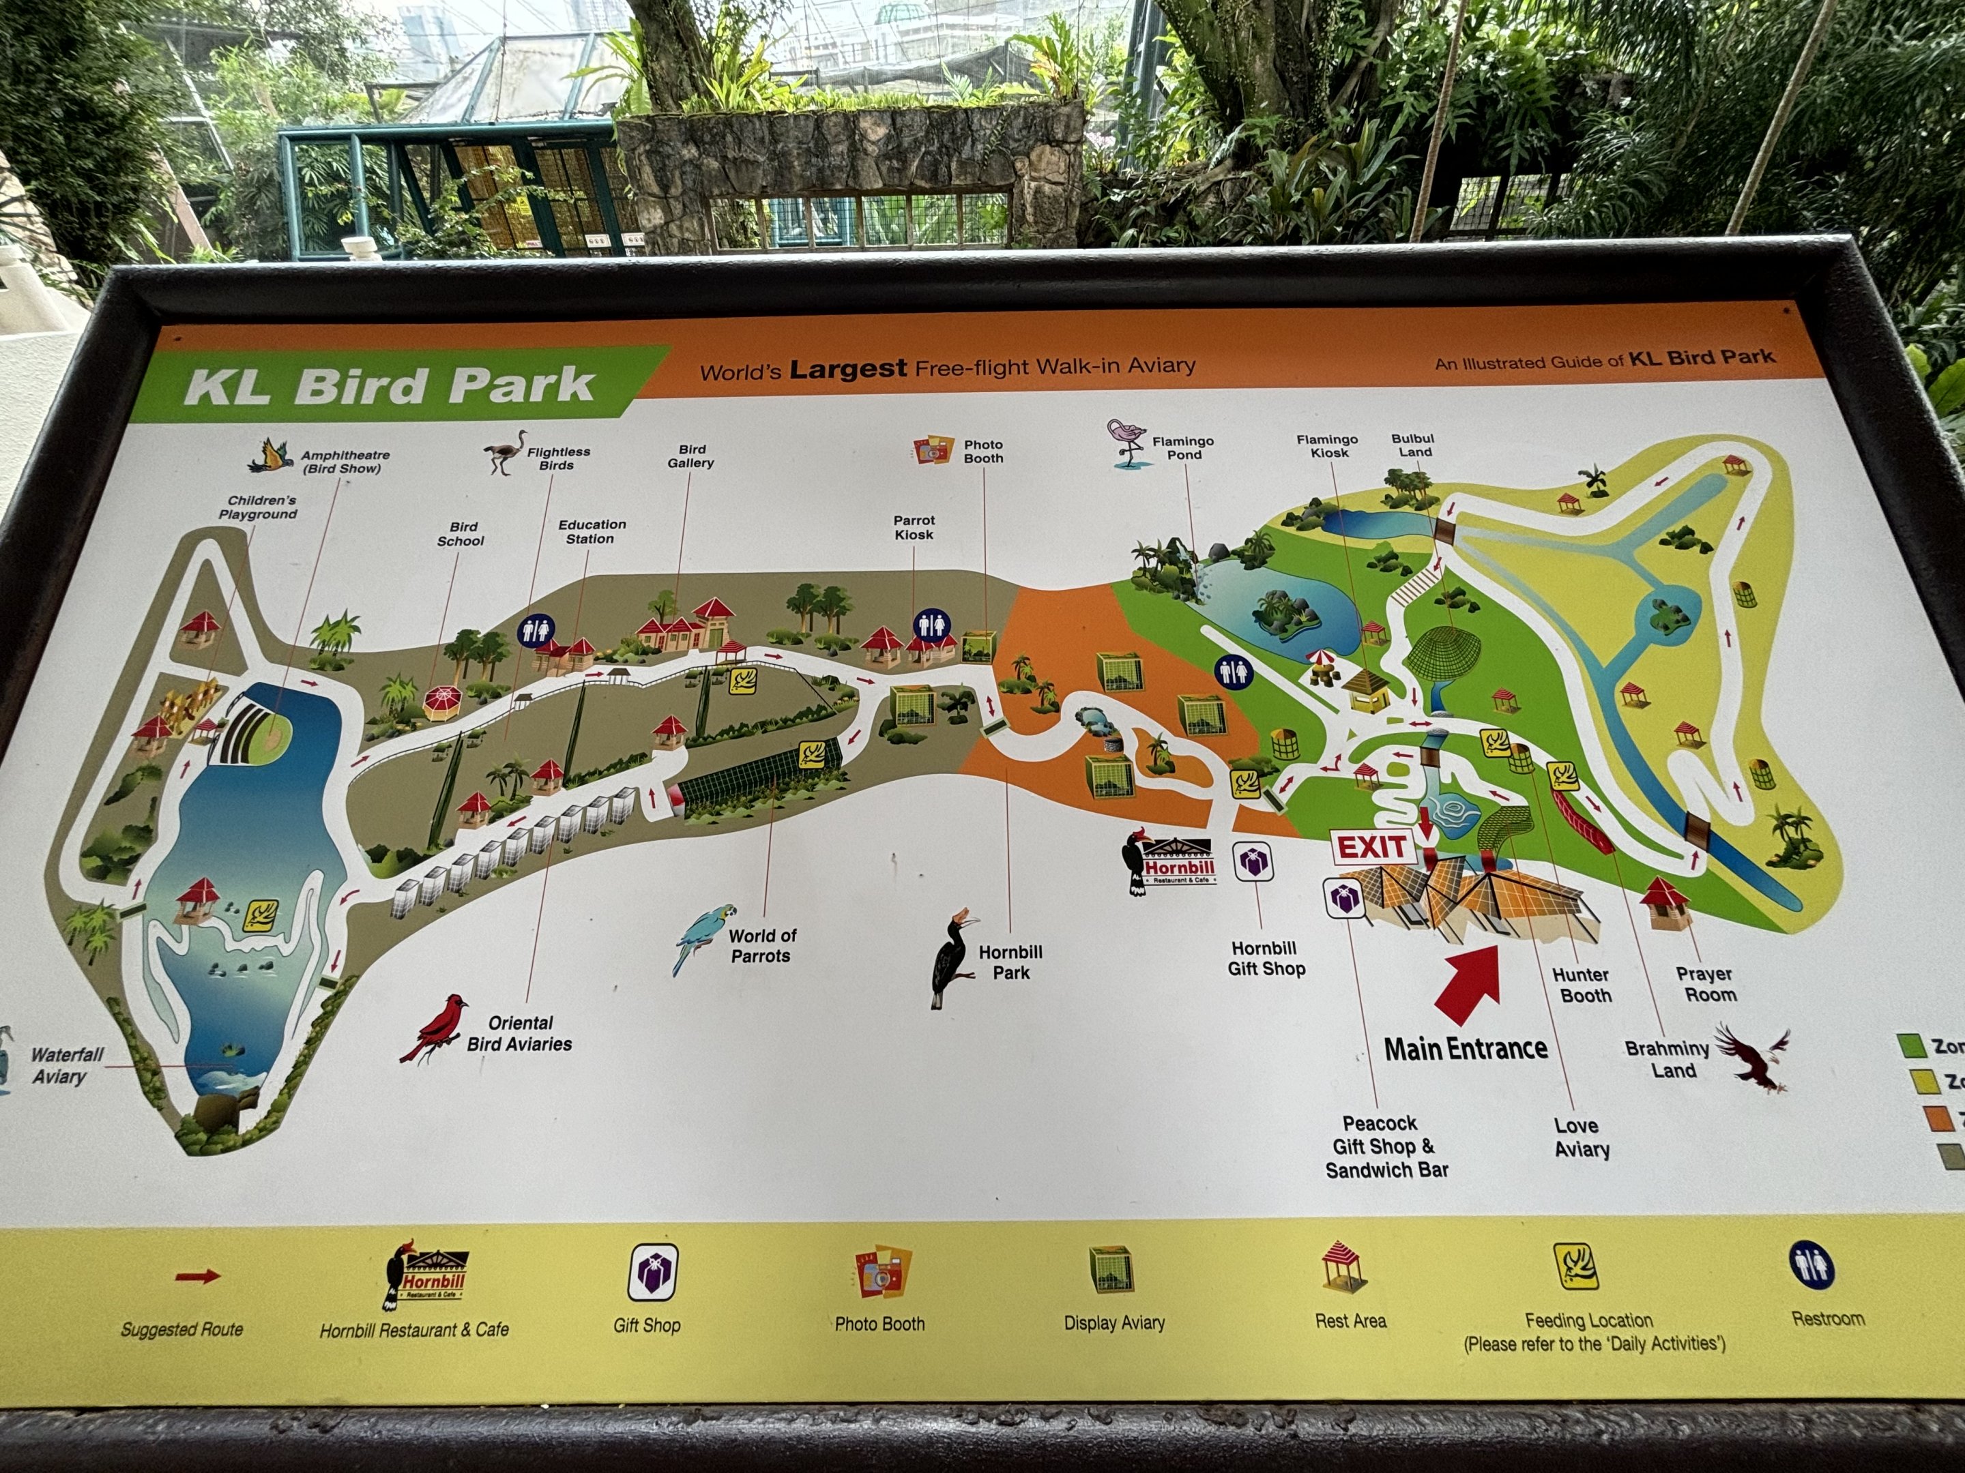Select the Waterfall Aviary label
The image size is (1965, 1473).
coord(68,1065)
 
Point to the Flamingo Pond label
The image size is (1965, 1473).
coord(1182,447)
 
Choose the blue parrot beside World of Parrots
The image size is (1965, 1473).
coord(704,938)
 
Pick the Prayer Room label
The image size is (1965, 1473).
coord(1704,984)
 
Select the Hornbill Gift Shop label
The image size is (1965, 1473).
coord(1266,959)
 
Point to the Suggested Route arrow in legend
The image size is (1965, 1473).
coord(197,1277)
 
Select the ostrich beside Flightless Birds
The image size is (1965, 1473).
coord(506,452)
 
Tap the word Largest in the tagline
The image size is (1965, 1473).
coord(847,368)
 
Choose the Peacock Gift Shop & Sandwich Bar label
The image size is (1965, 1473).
coord(1386,1147)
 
